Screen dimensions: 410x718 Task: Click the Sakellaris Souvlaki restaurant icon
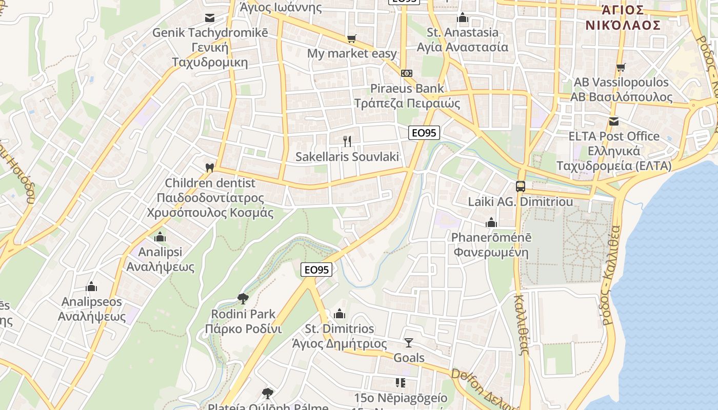(x=348, y=141)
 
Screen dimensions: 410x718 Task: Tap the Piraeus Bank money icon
(x=407, y=73)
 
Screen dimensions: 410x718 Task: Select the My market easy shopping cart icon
(x=351, y=38)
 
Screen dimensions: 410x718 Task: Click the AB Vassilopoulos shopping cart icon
(x=621, y=67)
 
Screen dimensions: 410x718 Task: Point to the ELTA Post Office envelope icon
(x=613, y=121)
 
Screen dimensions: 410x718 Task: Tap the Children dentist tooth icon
(x=209, y=167)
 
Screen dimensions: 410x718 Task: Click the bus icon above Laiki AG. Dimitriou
(x=521, y=186)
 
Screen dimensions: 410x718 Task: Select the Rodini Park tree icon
(x=243, y=298)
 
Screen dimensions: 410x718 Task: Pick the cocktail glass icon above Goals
(x=409, y=342)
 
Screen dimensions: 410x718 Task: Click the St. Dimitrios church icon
(x=340, y=314)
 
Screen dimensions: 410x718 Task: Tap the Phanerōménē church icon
(x=491, y=222)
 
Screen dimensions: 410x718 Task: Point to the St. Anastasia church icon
(x=463, y=18)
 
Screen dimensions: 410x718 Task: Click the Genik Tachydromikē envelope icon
(x=209, y=18)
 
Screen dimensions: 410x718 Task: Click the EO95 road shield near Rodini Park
(x=316, y=269)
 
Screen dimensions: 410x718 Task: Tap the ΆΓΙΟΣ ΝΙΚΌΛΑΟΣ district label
(x=623, y=17)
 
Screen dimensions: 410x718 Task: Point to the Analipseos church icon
(x=91, y=286)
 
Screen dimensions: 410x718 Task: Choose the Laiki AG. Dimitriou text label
(x=521, y=202)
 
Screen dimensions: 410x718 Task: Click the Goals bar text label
(x=409, y=358)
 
